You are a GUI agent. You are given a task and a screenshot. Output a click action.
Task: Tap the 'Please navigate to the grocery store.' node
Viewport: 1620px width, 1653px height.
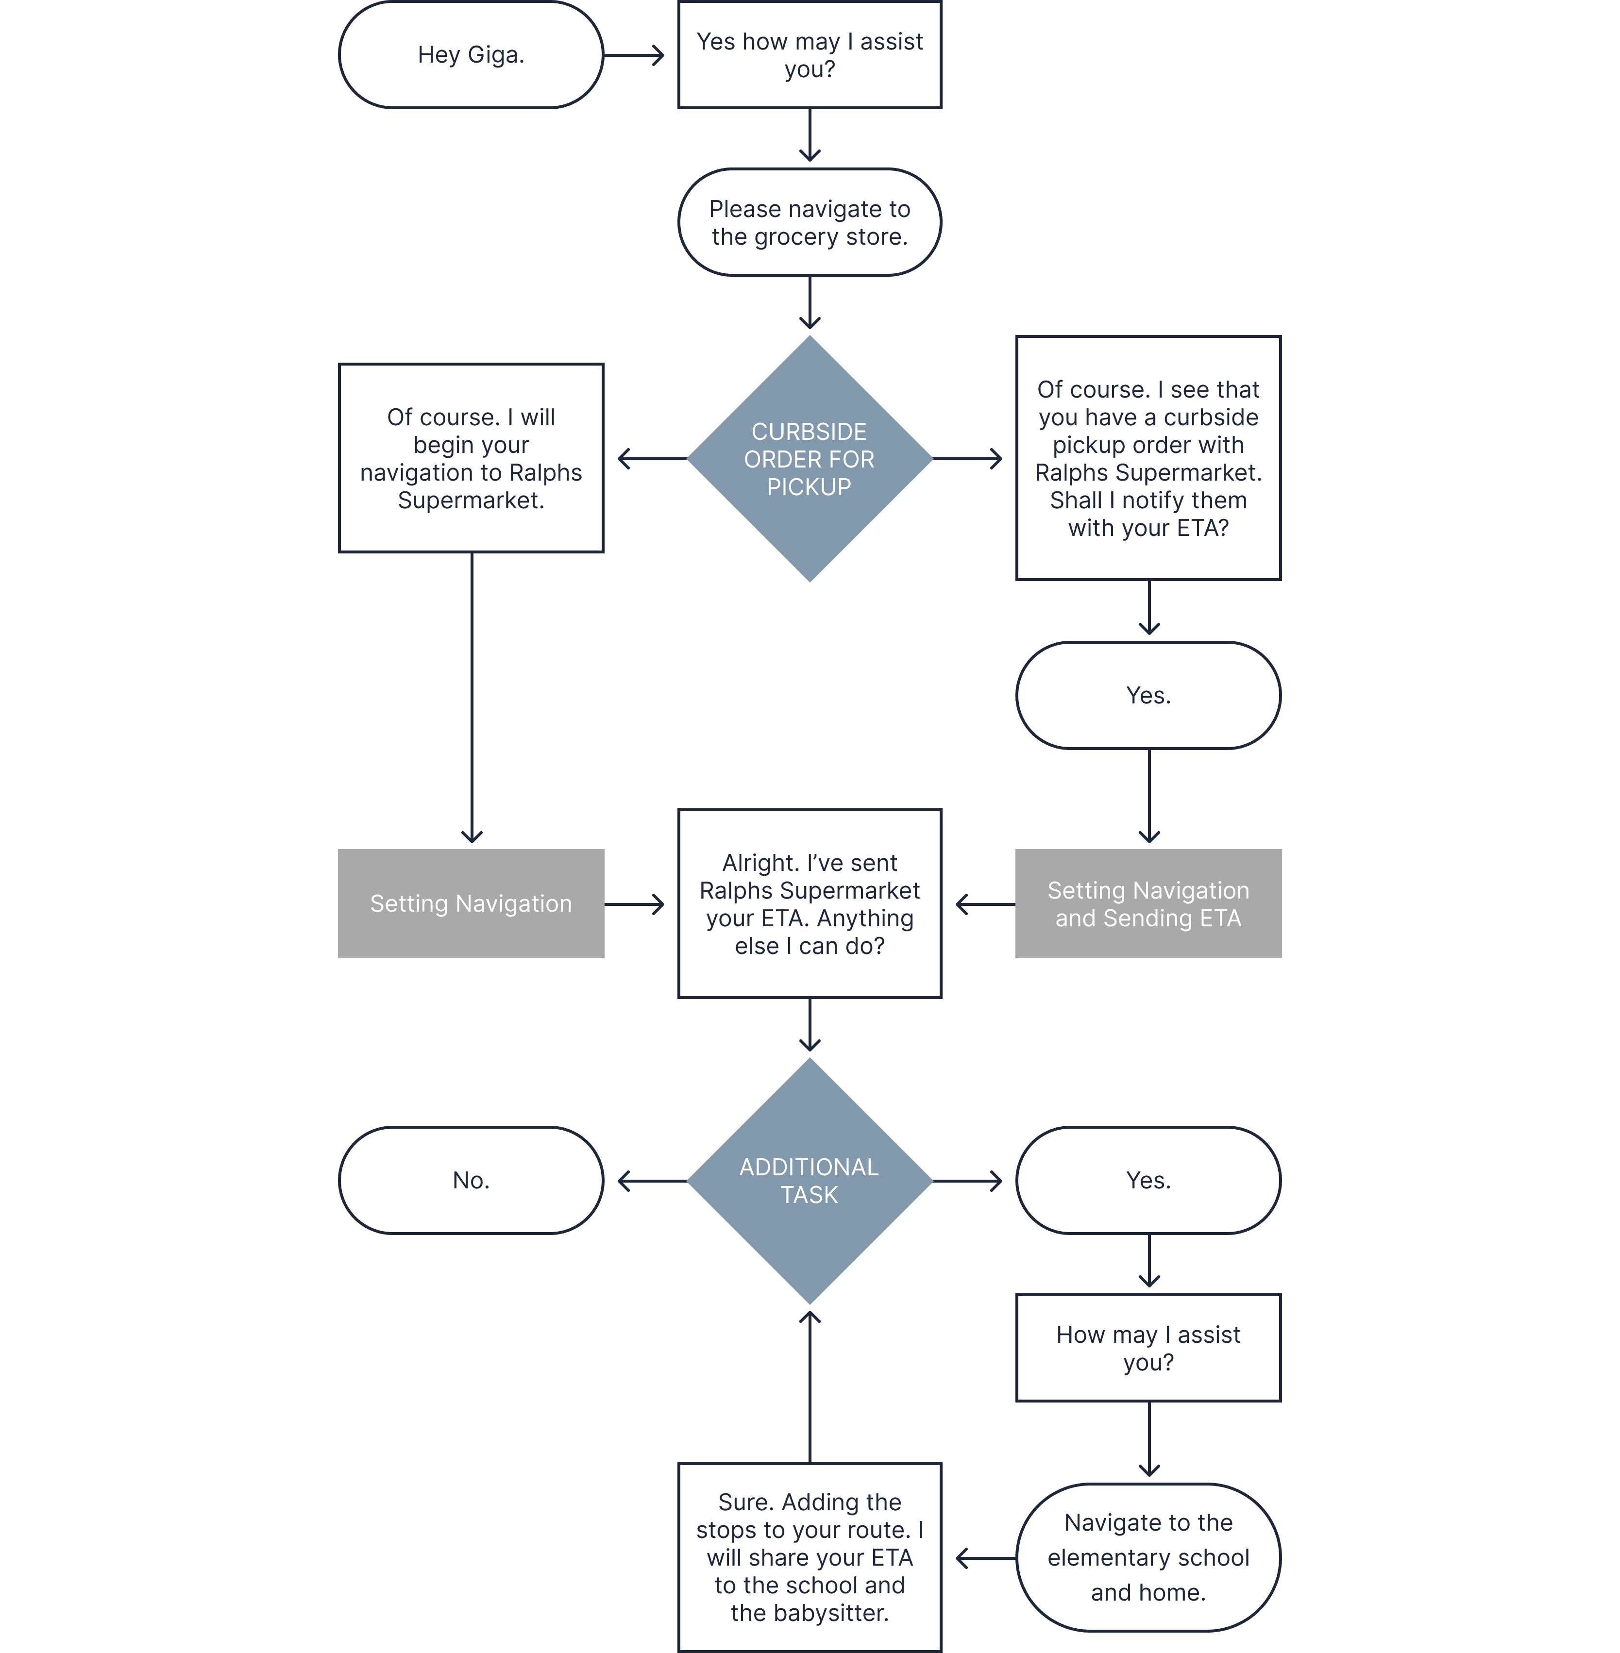[x=809, y=222]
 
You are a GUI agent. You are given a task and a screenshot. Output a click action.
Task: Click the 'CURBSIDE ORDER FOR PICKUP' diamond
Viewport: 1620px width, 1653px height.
[x=809, y=459]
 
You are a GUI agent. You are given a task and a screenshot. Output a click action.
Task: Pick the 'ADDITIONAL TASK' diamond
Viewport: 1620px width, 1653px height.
[x=809, y=1180]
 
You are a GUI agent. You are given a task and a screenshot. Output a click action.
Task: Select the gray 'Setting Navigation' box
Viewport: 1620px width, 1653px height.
[x=471, y=903]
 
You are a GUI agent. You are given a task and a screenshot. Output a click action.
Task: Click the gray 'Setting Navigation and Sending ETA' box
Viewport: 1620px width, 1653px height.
[x=1148, y=903]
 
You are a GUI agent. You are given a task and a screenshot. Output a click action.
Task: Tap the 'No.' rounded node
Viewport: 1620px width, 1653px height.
[x=471, y=1180]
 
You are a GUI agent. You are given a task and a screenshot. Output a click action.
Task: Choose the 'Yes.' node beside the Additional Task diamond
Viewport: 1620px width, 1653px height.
[x=1148, y=1180]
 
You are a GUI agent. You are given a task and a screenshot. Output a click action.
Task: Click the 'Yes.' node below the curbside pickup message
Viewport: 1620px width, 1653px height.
[x=1148, y=695]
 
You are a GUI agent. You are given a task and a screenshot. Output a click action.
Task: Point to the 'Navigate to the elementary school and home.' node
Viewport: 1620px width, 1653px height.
[x=1148, y=1558]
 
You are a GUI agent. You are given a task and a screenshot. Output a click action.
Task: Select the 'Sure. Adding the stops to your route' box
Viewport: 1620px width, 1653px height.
[x=809, y=1558]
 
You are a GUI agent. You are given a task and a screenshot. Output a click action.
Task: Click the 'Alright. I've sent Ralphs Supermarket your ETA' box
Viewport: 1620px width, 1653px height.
[x=809, y=903]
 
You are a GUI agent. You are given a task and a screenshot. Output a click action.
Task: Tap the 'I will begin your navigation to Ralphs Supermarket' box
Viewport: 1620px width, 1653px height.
[x=471, y=459]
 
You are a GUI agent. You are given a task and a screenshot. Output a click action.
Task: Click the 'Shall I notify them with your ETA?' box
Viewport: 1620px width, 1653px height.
[x=1148, y=459]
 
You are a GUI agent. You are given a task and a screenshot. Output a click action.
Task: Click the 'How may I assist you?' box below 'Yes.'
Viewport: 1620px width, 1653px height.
[x=1148, y=1349]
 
